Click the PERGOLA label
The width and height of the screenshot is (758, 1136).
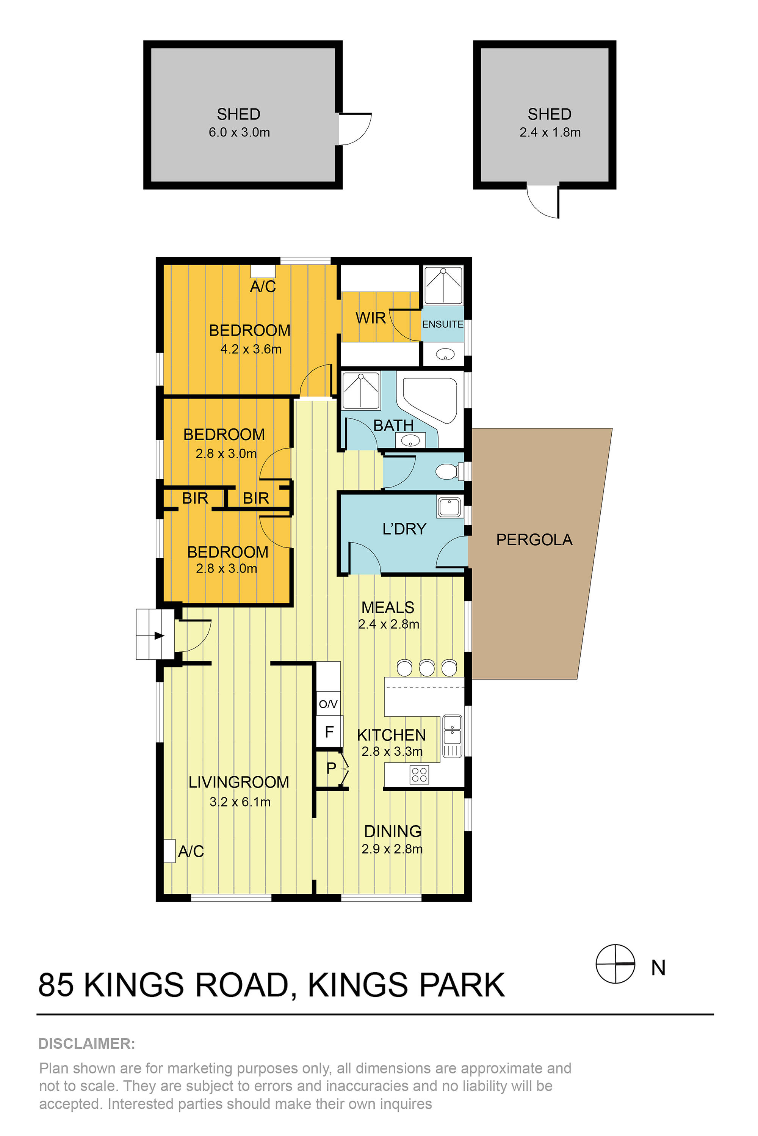534,540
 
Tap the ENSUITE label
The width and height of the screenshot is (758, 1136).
443,324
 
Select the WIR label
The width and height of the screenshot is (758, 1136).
371,318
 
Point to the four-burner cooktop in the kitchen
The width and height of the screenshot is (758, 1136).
419,775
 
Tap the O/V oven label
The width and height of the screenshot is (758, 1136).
328,704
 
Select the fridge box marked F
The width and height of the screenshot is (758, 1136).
329,732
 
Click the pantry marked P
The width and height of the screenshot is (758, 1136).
331,768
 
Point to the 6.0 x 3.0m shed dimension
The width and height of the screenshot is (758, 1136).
239,132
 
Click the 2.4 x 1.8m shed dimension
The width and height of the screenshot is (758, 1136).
550,132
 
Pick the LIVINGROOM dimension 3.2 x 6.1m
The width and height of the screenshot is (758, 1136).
240,802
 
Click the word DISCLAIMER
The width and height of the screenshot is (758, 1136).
86,1044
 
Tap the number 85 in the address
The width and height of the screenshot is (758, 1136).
56,985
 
